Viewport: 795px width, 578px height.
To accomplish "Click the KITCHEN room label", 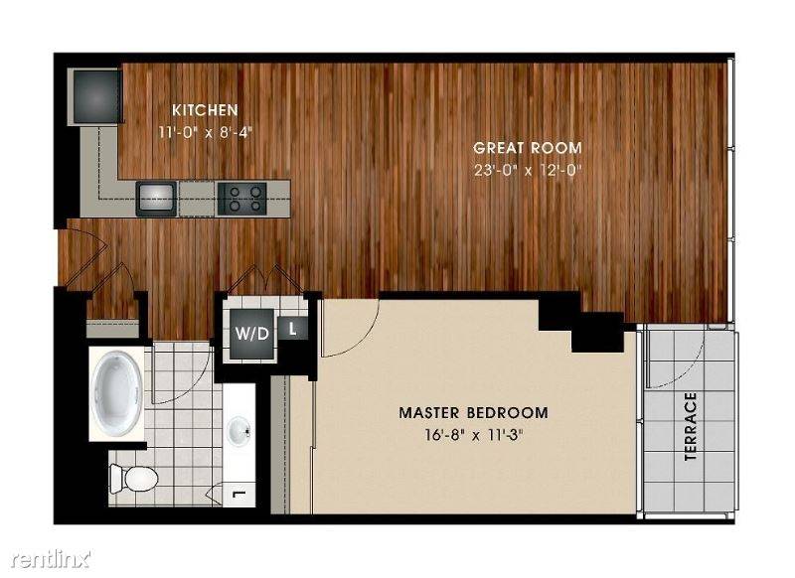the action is click(x=205, y=110).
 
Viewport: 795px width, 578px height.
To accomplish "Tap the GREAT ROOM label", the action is click(x=528, y=148).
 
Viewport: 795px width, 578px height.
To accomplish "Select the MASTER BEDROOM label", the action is click(x=474, y=412).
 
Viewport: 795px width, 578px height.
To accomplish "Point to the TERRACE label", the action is click(x=690, y=426).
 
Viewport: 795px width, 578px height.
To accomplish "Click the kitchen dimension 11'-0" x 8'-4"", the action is click(x=205, y=133).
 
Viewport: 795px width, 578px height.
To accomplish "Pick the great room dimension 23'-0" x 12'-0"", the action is click(x=528, y=170).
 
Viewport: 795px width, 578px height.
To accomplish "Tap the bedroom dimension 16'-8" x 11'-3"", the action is click(x=474, y=435).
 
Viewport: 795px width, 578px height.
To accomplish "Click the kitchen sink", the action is click(x=156, y=198).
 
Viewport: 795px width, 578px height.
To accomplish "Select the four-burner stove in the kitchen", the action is click(x=241, y=199).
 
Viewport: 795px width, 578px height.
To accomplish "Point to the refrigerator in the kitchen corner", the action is click(x=95, y=96).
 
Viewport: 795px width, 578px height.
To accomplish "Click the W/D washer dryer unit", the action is click(x=252, y=334).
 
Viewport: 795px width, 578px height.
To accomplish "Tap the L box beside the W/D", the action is click(x=292, y=329).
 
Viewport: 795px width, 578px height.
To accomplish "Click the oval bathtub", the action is click(x=117, y=392).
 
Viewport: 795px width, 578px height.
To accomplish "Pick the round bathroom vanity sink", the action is click(x=238, y=431).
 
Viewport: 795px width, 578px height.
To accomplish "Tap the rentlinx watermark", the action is click(x=51, y=559).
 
